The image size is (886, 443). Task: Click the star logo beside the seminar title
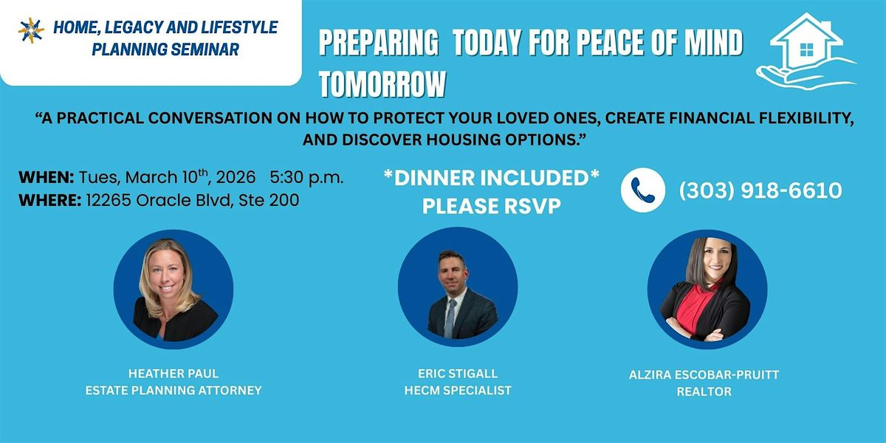(31, 30)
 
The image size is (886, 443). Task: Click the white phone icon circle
(643, 190)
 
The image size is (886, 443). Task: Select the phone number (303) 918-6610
(760, 190)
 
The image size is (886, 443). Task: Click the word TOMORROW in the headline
(382, 84)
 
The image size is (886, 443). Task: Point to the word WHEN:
(47, 177)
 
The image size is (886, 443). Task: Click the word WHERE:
(50, 200)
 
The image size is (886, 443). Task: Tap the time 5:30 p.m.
(306, 178)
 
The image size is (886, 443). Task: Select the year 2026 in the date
(236, 177)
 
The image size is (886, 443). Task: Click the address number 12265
(109, 200)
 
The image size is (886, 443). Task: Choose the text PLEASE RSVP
(492, 206)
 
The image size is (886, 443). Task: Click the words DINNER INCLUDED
(492, 178)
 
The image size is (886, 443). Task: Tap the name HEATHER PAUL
(174, 374)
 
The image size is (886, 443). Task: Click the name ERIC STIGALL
(458, 374)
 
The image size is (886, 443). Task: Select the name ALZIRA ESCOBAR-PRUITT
(704, 374)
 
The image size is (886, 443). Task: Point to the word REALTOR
(704, 391)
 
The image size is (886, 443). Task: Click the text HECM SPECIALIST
(458, 391)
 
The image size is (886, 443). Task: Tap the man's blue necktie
(450, 317)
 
